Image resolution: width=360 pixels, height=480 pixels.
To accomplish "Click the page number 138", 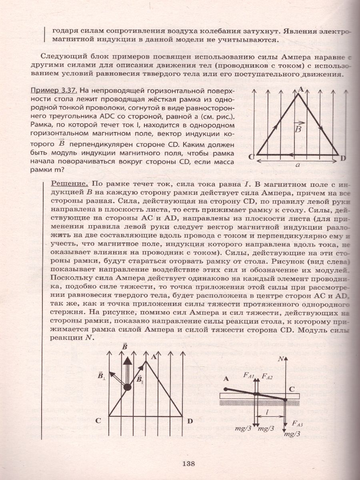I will click(x=188, y=464).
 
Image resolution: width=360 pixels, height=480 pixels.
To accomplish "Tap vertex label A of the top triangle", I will click(x=300, y=90).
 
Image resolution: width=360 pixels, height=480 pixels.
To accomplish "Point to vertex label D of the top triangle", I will click(x=343, y=158).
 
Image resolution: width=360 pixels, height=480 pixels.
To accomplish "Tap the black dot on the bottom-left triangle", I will click(x=127, y=387).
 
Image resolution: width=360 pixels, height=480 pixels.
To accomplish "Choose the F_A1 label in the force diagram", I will click(x=249, y=375).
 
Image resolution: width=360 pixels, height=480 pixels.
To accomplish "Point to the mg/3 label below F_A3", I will click(x=291, y=434).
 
